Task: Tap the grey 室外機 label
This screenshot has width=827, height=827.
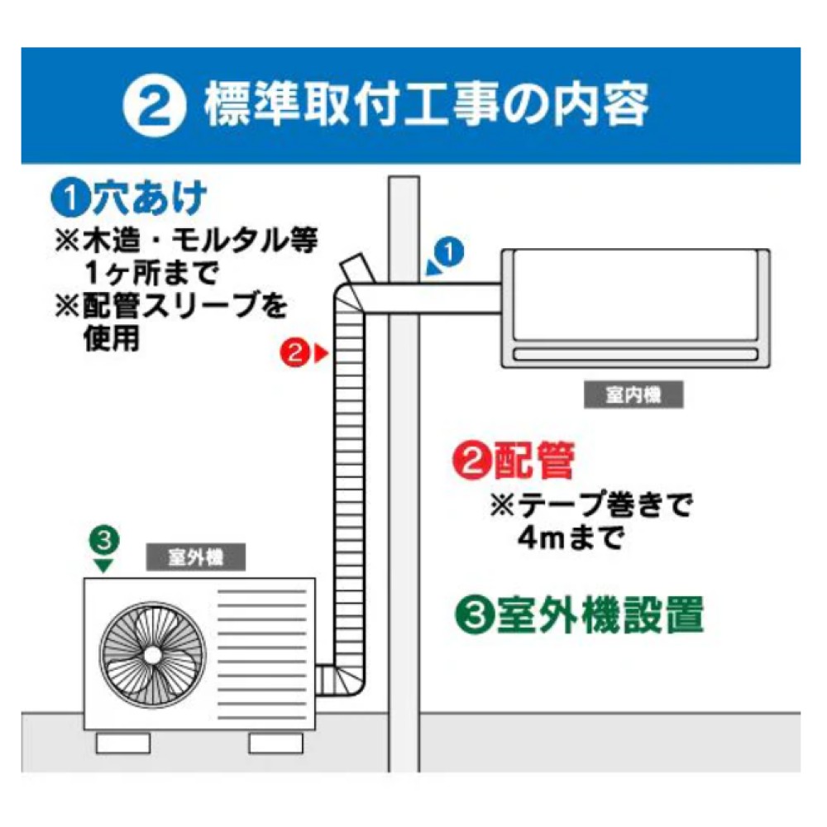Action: coord(195,557)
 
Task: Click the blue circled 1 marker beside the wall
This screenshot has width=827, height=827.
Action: coord(449,253)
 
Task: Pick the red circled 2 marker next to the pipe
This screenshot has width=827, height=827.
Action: coord(294,353)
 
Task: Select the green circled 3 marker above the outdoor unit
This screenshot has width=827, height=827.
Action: coord(103,542)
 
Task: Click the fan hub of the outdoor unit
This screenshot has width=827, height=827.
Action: coord(151,653)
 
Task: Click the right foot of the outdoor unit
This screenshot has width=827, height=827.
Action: coord(275,742)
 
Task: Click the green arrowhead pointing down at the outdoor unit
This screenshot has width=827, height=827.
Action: coord(103,566)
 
